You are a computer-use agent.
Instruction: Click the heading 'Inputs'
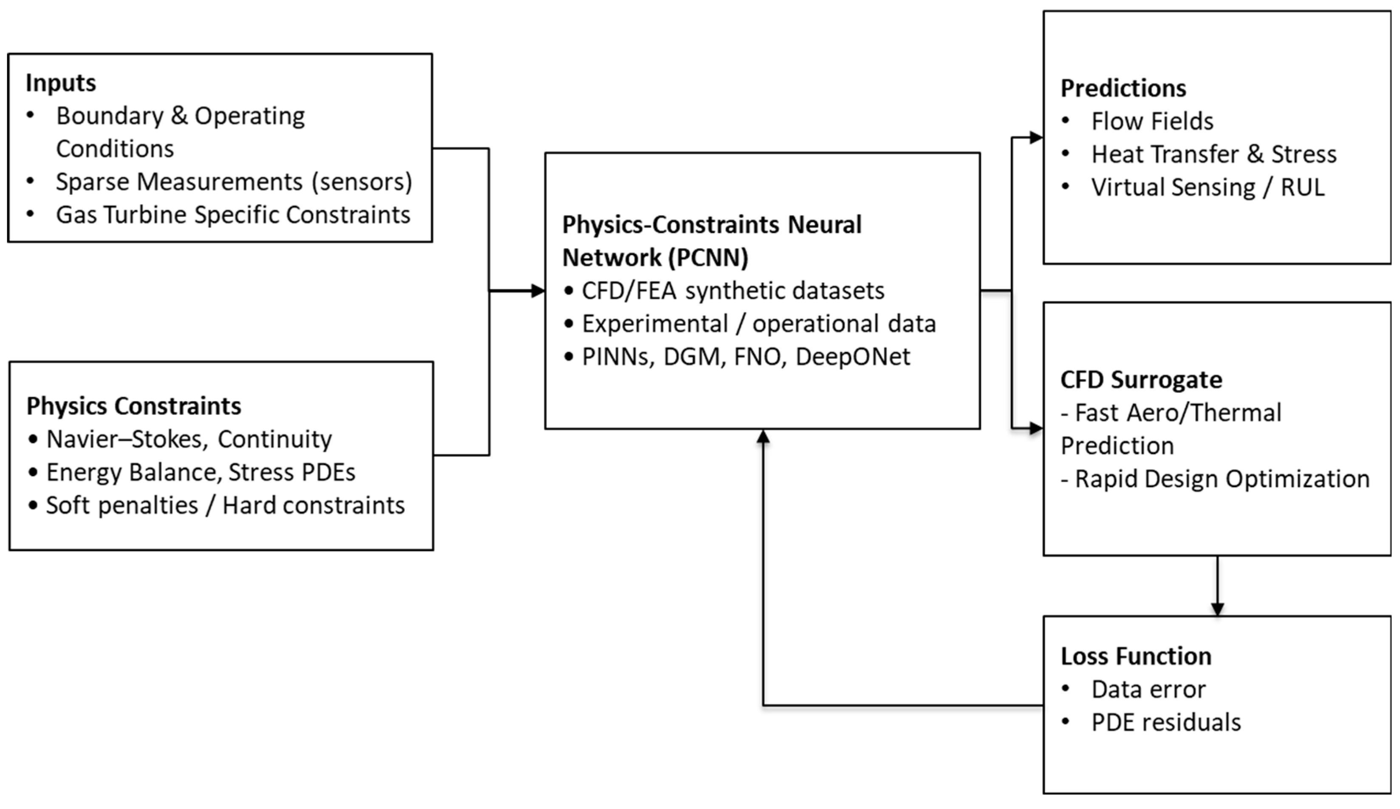tap(60, 83)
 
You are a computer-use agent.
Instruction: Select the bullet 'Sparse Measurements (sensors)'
tap(233, 182)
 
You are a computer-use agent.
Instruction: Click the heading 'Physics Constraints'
tap(134, 406)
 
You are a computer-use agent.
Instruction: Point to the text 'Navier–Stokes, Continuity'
tap(189, 439)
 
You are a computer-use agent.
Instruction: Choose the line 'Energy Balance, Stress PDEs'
tap(201, 472)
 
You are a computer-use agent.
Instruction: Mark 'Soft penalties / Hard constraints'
tap(225, 505)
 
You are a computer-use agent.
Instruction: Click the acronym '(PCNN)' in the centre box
tap(707, 257)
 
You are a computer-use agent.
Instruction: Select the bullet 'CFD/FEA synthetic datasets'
tap(733, 291)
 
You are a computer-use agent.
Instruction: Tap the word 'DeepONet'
tap(852, 357)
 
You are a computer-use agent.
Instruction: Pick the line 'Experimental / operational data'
tap(758, 324)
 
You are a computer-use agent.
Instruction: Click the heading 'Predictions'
tap(1123, 88)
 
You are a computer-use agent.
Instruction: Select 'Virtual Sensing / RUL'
tap(1207, 187)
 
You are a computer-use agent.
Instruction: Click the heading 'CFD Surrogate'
tap(1141, 380)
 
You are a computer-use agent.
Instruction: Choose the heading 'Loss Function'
tap(1136, 656)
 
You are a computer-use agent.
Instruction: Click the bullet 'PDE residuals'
tap(1165, 722)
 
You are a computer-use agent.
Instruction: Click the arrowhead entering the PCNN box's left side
tap(537, 291)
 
